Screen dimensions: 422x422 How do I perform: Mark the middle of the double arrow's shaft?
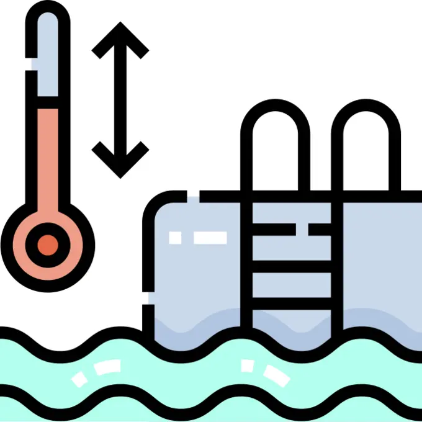tap(120, 99)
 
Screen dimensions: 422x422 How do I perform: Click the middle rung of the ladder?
tap(292, 265)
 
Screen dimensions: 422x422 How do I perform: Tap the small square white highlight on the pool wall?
tap(176, 238)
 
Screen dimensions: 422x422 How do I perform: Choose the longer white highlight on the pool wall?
tap(210, 238)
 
